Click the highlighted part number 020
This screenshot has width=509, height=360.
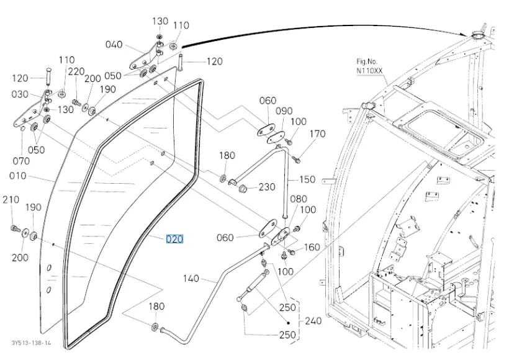[x=174, y=239]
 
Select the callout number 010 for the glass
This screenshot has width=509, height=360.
[x=18, y=176]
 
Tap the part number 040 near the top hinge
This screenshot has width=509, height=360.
[x=114, y=45]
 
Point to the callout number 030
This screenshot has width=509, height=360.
[x=20, y=94]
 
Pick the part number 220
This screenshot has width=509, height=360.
[x=76, y=71]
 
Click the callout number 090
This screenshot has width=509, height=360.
[x=284, y=111]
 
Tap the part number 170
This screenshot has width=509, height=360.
[x=317, y=133]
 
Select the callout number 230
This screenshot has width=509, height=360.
[x=267, y=187]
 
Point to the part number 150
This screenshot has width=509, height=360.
[x=307, y=179]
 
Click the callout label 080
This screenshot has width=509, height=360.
[x=299, y=199]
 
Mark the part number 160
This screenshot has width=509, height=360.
[x=312, y=247]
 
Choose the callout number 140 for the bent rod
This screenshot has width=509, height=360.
[x=191, y=279]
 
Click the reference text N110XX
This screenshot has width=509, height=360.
[x=370, y=71]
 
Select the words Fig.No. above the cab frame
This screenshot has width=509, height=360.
[x=367, y=61]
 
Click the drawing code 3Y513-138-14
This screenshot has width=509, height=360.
[x=30, y=343]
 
